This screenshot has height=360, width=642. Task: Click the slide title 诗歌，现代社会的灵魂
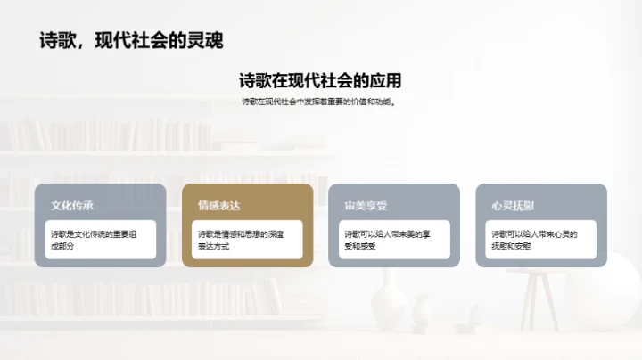(131, 40)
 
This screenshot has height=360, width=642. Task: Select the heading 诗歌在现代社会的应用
(320, 80)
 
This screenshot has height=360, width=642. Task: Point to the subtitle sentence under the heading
(320, 102)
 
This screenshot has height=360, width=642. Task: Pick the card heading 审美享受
(366, 206)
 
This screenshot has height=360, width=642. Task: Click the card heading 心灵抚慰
(513, 206)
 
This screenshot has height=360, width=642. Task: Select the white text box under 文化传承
(100, 240)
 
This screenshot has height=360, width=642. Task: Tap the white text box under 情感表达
(247, 240)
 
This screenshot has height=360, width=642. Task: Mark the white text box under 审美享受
(394, 240)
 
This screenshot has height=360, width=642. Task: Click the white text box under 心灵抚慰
(541, 240)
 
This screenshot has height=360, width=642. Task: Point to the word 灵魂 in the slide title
(204, 40)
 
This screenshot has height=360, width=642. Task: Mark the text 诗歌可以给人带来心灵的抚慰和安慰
(533, 240)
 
